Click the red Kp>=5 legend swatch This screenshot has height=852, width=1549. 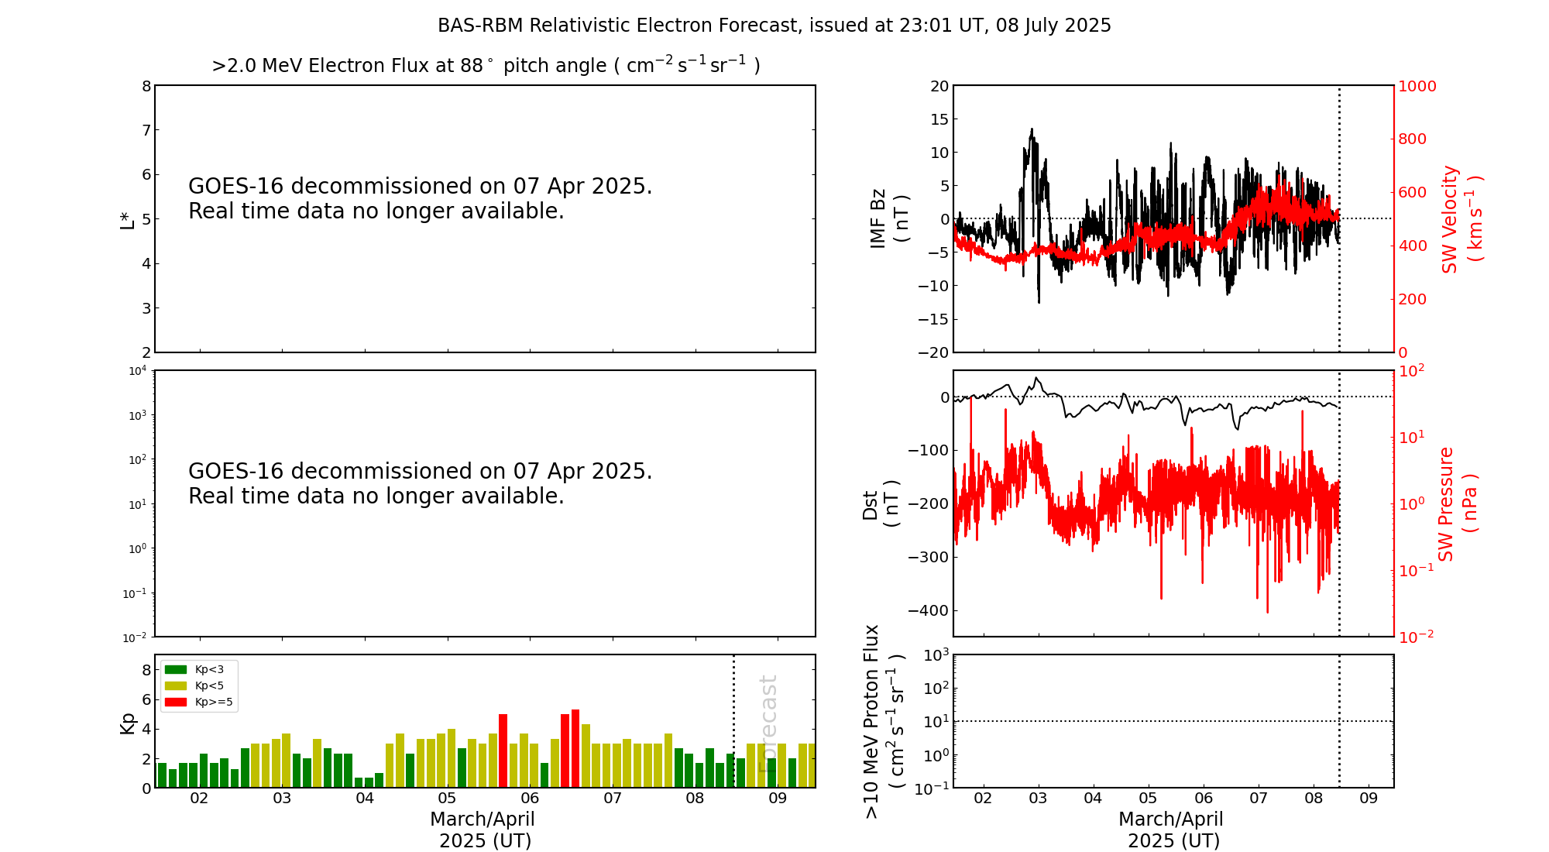176,703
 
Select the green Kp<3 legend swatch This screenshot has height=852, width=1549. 176,669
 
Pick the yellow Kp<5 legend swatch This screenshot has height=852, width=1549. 176,685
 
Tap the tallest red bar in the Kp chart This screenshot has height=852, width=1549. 575,747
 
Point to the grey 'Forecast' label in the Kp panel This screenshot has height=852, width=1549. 768,723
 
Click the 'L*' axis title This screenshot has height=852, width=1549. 128,219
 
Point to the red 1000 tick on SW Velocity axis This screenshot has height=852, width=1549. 1417,86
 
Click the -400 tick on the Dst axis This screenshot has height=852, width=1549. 929,610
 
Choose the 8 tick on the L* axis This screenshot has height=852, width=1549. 146,86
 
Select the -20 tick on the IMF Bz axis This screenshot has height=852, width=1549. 934,352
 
